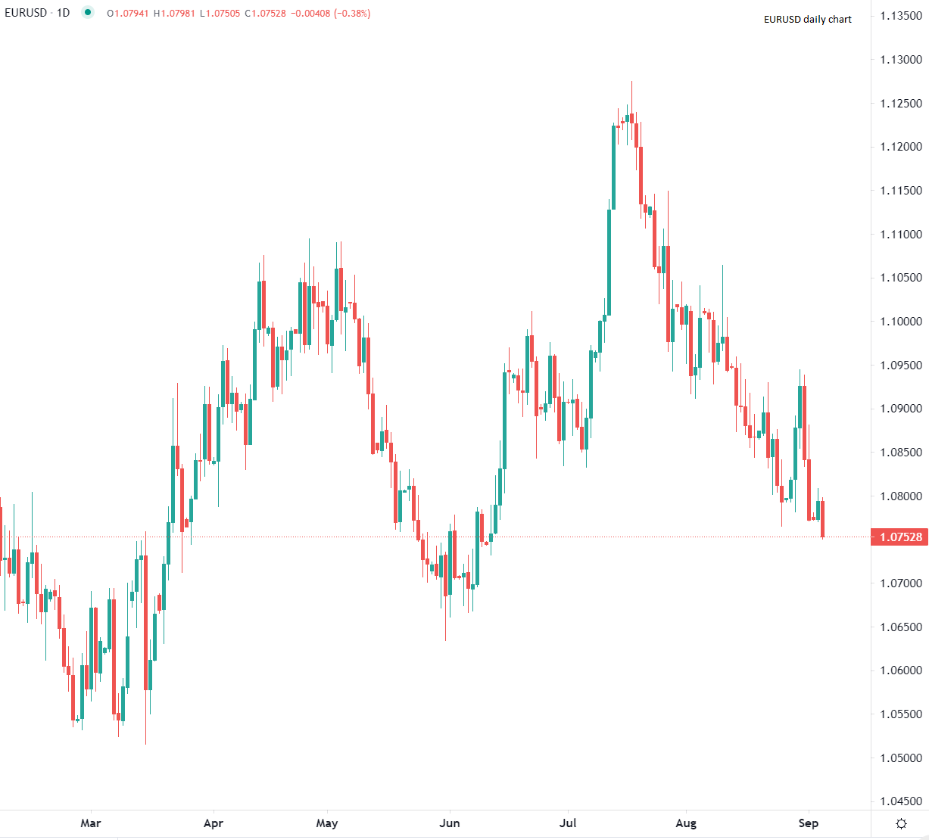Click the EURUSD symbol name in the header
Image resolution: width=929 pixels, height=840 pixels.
point(26,13)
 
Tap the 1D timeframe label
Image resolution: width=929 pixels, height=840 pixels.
point(63,13)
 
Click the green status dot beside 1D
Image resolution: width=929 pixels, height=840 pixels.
point(88,12)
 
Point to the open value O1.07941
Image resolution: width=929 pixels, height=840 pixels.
point(127,14)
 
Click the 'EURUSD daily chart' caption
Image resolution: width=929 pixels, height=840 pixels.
point(807,20)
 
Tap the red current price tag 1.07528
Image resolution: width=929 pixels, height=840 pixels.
point(900,537)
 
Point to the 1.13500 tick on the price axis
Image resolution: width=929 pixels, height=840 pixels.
point(901,16)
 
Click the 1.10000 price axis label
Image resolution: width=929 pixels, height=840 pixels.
point(901,322)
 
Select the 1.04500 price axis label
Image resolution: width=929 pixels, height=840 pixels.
point(901,801)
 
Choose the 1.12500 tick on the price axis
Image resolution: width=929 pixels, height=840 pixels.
point(901,104)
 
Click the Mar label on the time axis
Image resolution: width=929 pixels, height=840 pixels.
point(90,823)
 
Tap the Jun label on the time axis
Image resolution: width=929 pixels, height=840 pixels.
point(450,823)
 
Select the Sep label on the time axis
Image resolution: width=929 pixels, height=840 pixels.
point(808,823)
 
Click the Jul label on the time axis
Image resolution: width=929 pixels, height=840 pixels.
point(568,823)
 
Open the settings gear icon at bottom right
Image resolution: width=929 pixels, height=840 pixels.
point(901,823)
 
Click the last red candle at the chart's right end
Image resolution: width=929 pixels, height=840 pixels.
point(822,518)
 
